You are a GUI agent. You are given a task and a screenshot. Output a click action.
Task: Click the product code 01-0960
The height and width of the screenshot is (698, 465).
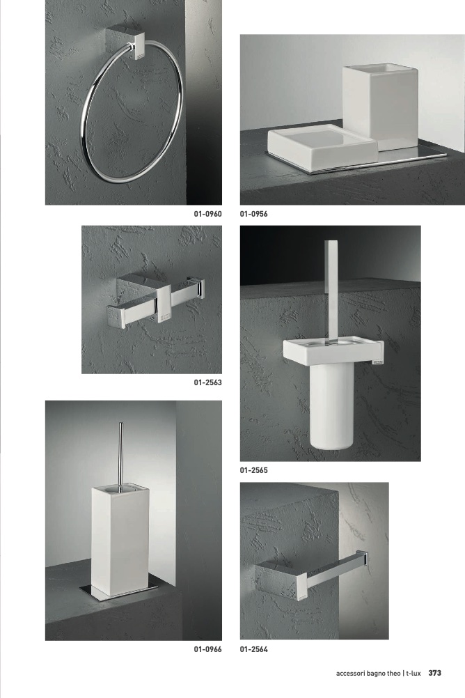coord(207,214)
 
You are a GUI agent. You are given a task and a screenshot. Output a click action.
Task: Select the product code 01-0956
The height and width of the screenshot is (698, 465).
coord(253,214)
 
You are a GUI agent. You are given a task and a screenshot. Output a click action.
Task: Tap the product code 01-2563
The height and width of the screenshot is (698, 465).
coord(207,382)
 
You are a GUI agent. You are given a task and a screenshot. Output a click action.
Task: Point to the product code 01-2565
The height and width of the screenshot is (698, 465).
coord(253,470)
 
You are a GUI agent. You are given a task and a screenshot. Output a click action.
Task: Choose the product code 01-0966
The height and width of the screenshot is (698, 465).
coord(207,649)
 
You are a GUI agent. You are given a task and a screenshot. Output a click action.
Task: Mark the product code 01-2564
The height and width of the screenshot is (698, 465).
coord(253,649)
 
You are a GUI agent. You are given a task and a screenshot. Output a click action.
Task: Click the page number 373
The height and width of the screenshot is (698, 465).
coord(435,673)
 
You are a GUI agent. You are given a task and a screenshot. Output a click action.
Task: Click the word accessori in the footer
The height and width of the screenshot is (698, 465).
coord(350,674)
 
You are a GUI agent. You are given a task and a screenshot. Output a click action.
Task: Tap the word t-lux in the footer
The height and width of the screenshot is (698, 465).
coord(413,674)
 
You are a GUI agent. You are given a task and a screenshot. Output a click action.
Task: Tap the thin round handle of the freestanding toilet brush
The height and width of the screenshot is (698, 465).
coord(120,455)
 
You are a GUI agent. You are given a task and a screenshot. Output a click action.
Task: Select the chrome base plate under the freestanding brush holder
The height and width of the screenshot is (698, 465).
coord(119,591)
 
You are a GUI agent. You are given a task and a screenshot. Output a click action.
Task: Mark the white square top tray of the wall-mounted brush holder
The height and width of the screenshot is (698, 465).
coord(333,350)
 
